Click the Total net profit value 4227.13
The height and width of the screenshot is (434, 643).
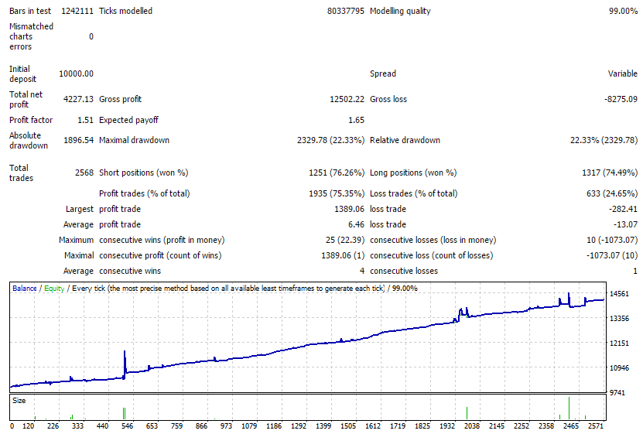click(x=78, y=99)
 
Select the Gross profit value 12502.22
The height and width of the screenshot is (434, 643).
click(x=347, y=99)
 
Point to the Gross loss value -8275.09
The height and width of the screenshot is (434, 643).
click(x=621, y=99)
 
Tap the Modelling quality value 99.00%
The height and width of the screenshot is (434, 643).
click(x=624, y=11)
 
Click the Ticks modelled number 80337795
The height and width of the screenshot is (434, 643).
click(x=346, y=11)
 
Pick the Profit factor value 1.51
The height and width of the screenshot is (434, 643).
click(x=85, y=120)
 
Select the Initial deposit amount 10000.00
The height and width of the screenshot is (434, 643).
click(x=77, y=73)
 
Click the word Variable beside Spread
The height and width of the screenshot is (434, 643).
click(x=623, y=73)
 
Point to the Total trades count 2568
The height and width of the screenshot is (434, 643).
click(x=84, y=173)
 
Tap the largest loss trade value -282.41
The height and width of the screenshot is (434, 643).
click(x=624, y=209)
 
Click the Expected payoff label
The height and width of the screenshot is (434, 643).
click(x=128, y=120)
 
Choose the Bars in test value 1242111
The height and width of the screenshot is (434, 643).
click(x=77, y=11)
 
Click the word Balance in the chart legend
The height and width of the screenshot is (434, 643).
click(x=25, y=289)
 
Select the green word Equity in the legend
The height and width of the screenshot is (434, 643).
click(x=54, y=289)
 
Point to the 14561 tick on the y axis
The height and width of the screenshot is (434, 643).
click(x=619, y=294)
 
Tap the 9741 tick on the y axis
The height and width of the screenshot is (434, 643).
click(x=617, y=392)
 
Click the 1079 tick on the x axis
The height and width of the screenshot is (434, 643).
click(x=249, y=426)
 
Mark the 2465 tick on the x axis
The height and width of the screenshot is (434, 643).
click(x=571, y=426)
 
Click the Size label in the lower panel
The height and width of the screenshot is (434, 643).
click(x=19, y=401)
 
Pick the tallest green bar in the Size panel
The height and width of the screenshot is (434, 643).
click(x=569, y=408)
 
